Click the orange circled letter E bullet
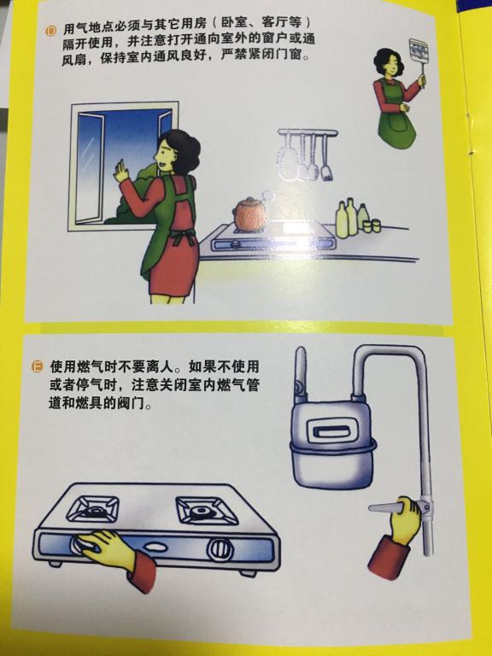pos(38,367)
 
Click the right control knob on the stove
pos(220,549)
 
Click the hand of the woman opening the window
pos(121,171)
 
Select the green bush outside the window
pos(134,193)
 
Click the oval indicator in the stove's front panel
pos(155,547)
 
